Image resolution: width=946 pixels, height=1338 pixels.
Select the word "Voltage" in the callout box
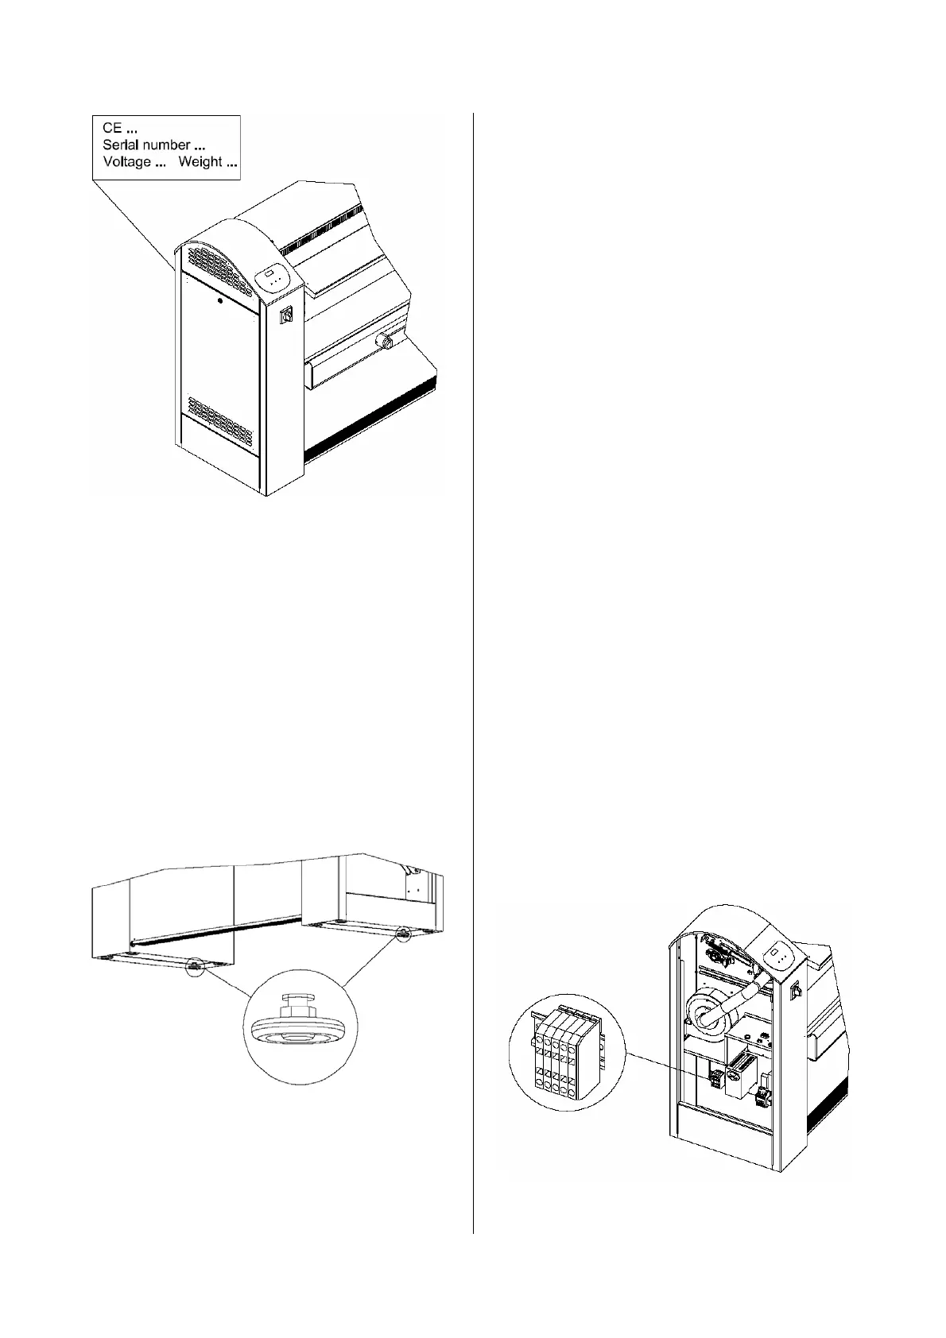tap(126, 162)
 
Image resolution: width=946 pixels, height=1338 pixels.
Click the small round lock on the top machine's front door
tap(220, 301)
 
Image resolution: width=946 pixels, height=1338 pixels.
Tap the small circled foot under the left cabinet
tap(194, 967)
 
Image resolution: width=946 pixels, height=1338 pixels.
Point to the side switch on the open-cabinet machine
tap(793, 991)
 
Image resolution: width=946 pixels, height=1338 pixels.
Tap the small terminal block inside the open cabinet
tap(715, 1078)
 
